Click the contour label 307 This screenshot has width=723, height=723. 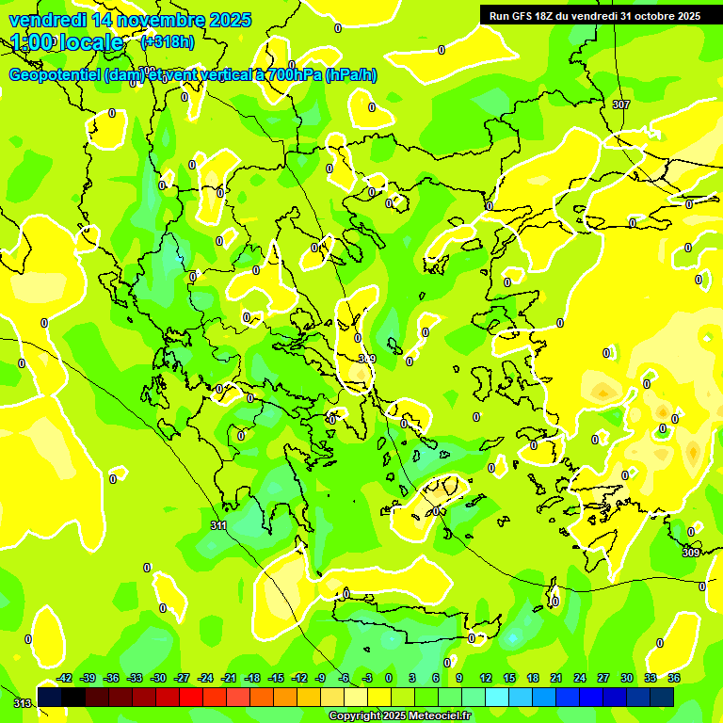pos(620,104)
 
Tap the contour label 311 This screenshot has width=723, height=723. pos(218,526)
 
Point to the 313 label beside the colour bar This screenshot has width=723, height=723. pos(22,702)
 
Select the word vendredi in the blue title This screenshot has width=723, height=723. pos(44,20)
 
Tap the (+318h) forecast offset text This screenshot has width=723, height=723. pos(169,42)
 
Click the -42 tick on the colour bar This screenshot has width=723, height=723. pos(65,678)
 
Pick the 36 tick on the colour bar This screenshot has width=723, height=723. pos(674,678)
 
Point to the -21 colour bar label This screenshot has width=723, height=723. pos(229,678)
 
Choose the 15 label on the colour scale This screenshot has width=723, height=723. pos(509,678)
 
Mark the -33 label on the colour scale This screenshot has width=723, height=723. pos(135,678)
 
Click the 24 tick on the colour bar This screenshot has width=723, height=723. pos(580,678)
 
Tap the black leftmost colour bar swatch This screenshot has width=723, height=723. pos(50,697)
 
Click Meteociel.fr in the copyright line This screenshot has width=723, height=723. pos(437,716)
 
